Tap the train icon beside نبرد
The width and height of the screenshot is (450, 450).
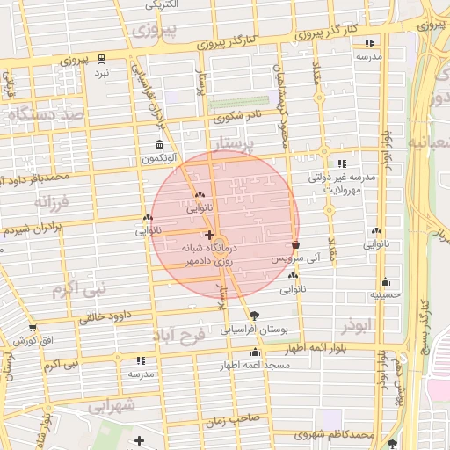(x=102, y=59)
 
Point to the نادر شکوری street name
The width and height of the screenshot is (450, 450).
(x=236, y=116)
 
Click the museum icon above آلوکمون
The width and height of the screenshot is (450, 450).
(x=159, y=144)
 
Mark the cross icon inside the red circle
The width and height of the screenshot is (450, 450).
(x=208, y=235)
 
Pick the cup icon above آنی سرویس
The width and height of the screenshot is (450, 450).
(x=295, y=246)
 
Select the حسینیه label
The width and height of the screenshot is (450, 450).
(x=385, y=296)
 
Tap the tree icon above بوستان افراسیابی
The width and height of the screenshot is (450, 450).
(x=255, y=316)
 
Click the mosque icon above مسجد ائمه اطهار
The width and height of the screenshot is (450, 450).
(x=256, y=353)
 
